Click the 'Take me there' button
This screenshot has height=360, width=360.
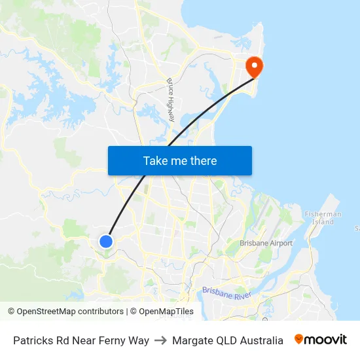pyautogui.click(x=180, y=160)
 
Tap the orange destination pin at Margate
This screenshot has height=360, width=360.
pyautogui.click(x=253, y=66)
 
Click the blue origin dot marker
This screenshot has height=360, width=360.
pyautogui.click(x=106, y=242)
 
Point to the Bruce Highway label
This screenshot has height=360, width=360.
pyautogui.click(x=171, y=99)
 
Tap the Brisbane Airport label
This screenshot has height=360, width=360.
pyautogui.click(x=266, y=243)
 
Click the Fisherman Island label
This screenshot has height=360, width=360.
pyautogui.click(x=323, y=218)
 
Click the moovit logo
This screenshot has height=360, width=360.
pyautogui.click(x=320, y=340)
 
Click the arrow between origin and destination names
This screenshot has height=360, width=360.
pyautogui.click(x=160, y=340)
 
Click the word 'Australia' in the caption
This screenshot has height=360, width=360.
pyautogui.click(x=261, y=340)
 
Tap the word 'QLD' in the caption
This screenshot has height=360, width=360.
pyautogui.click(x=226, y=340)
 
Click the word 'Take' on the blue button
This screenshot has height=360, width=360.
pyautogui.click(x=156, y=160)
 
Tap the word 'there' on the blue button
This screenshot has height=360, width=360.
pyautogui.click(x=202, y=160)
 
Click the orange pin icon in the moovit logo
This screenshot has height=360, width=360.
pyautogui.click(x=299, y=339)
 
